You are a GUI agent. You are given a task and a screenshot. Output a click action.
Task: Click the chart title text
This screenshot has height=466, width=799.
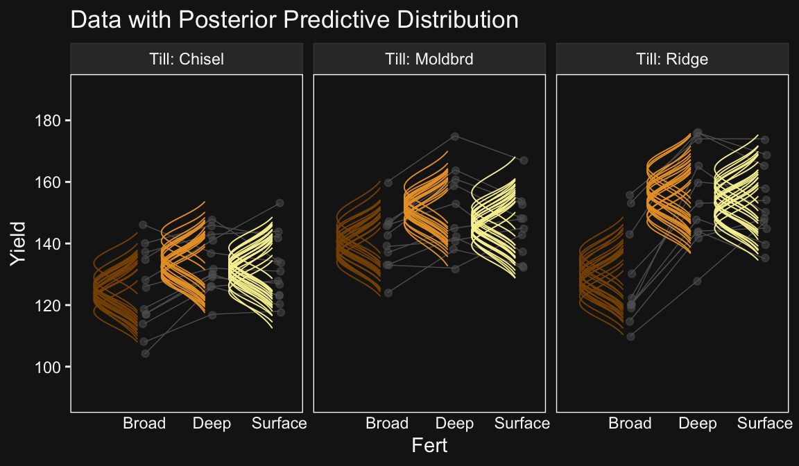[x=294, y=20]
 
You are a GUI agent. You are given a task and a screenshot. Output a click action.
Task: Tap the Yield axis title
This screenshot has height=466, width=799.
[x=18, y=243]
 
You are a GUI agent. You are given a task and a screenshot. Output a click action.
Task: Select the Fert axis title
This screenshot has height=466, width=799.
[x=429, y=446]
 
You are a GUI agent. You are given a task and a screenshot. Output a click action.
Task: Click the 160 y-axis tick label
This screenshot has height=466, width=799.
[x=48, y=182]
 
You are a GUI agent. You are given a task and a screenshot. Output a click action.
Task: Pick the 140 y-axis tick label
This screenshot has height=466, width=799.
[x=48, y=244]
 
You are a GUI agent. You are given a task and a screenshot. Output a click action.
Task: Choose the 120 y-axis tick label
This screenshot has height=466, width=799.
[x=48, y=306]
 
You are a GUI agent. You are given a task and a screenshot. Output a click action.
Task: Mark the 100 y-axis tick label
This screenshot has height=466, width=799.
[x=48, y=368]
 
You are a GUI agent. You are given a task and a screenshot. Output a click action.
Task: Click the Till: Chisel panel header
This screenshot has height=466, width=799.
[x=187, y=59]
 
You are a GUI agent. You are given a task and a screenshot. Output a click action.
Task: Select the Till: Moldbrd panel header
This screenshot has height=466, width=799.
[x=429, y=59]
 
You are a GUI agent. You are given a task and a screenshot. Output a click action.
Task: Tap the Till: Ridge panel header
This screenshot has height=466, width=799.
[x=672, y=59]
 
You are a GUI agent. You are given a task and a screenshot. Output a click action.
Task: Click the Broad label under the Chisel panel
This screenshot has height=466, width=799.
[x=144, y=423]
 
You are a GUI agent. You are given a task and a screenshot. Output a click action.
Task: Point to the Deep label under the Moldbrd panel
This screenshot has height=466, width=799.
[x=454, y=423]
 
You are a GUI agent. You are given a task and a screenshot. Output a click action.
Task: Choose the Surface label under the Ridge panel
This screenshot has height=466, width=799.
[x=765, y=423]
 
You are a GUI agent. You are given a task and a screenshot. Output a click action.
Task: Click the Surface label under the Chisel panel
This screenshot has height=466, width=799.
[x=280, y=423]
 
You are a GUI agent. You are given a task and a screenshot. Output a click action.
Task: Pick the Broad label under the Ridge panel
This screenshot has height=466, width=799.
[x=630, y=423]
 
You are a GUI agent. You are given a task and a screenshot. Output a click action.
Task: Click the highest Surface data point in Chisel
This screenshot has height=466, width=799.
[x=280, y=203]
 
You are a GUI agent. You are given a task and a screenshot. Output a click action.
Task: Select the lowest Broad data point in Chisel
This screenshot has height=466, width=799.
[x=145, y=354]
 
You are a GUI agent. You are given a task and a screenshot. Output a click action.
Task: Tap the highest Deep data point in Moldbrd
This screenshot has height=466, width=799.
[x=455, y=137]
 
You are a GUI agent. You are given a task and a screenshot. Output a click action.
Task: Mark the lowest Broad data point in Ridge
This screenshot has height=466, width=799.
[x=631, y=336]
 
